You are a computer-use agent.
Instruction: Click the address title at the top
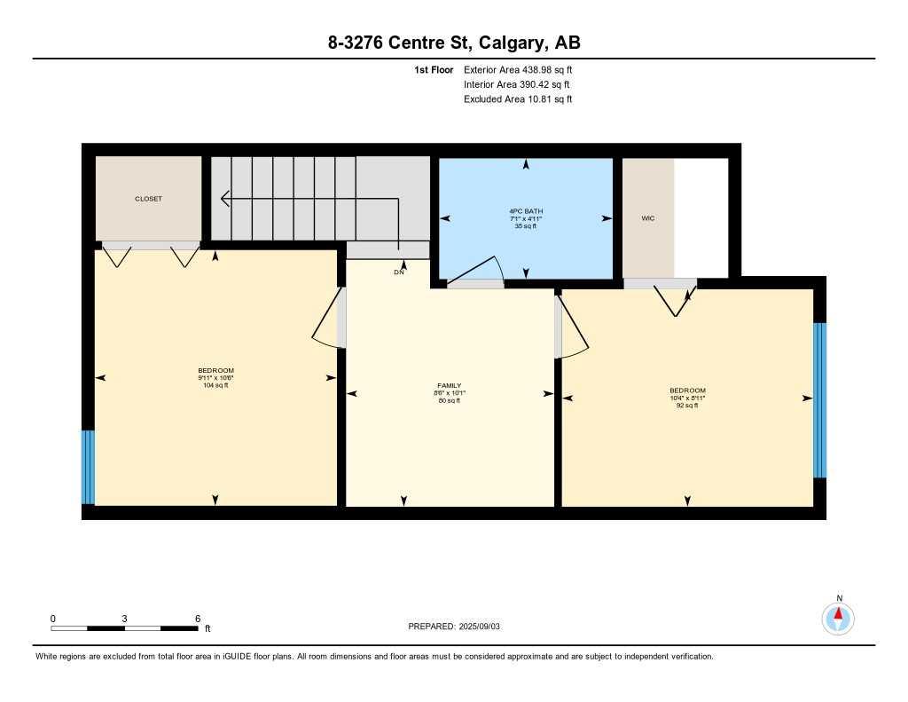(453, 43)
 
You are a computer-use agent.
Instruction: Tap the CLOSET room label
(148, 199)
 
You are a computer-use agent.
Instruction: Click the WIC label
(647, 217)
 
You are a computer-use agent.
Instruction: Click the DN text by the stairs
(399, 272)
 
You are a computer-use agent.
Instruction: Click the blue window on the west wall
(87, 466)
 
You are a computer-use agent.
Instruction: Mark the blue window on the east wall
(819, 399)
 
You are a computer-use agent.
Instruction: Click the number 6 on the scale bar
(197, 619)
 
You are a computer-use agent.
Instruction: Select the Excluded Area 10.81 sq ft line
(517, 99)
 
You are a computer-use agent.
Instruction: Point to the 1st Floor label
(434, 69)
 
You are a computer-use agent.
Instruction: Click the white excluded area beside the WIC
(701, 217)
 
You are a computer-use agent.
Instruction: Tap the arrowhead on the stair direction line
(224, 199)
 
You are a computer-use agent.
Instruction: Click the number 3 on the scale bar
(125, 619)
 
